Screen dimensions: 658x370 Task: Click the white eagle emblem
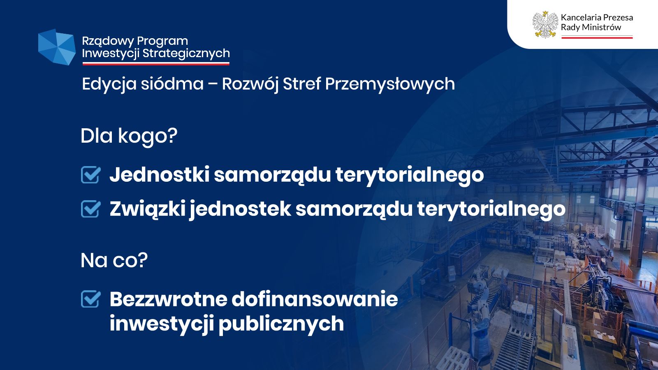click(x=545, y=24)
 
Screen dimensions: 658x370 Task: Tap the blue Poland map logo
click(x=57, y=47)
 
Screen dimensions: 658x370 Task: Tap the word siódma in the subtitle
click(x=172, y=84)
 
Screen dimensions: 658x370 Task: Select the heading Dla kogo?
click(x=129, y=136)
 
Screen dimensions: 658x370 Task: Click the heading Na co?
click(x=114, y=261)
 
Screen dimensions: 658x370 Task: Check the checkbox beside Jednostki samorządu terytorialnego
click(x=90, y=175)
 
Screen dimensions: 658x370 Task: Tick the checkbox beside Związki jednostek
click(x=90, y=209)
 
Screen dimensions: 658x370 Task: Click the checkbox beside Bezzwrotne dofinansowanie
click(x=90, y=299)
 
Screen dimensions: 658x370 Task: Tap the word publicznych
click(x=281, y=324)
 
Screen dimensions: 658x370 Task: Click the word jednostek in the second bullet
click(x=240, y=209)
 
